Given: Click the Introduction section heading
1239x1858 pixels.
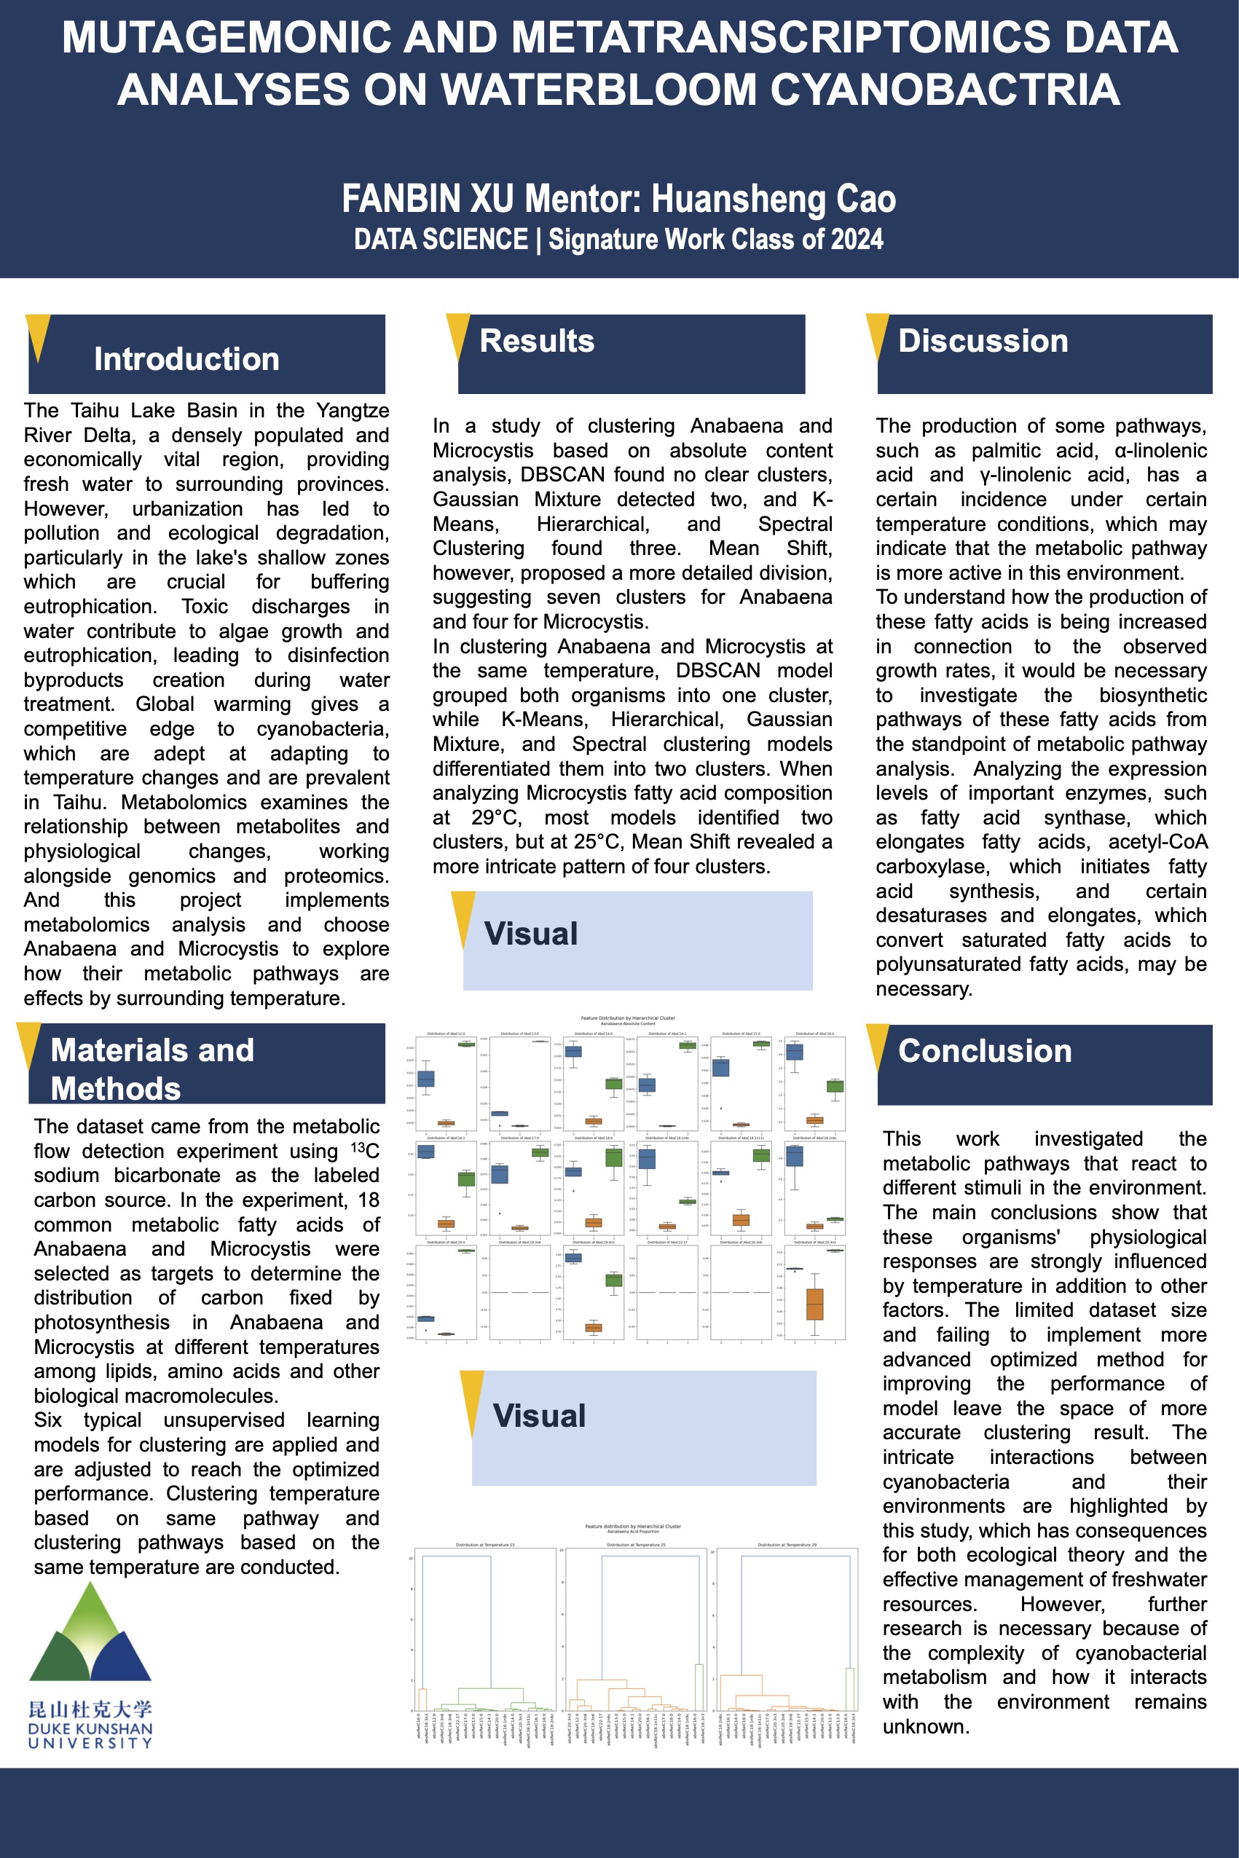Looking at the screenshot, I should (x=186, y=358).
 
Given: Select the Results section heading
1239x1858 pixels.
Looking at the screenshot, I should (x=537, y=340).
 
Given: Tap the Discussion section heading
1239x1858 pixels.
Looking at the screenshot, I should (x=983, y=340).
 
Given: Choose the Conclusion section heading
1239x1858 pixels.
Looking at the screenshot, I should (x=985, y=1051).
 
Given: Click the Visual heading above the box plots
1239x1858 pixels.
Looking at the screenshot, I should (x=530, y=934).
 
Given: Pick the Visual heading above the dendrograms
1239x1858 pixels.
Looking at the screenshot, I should (x=539, y=1416).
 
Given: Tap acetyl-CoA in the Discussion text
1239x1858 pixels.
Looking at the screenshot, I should (x=1157, y=842).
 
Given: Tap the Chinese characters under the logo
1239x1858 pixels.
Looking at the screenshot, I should (x=90, y=1709).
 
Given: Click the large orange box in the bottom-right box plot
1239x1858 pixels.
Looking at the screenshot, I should (x=814, y=1304).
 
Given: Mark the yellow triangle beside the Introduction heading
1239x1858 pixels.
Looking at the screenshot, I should (x=37, y=336).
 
